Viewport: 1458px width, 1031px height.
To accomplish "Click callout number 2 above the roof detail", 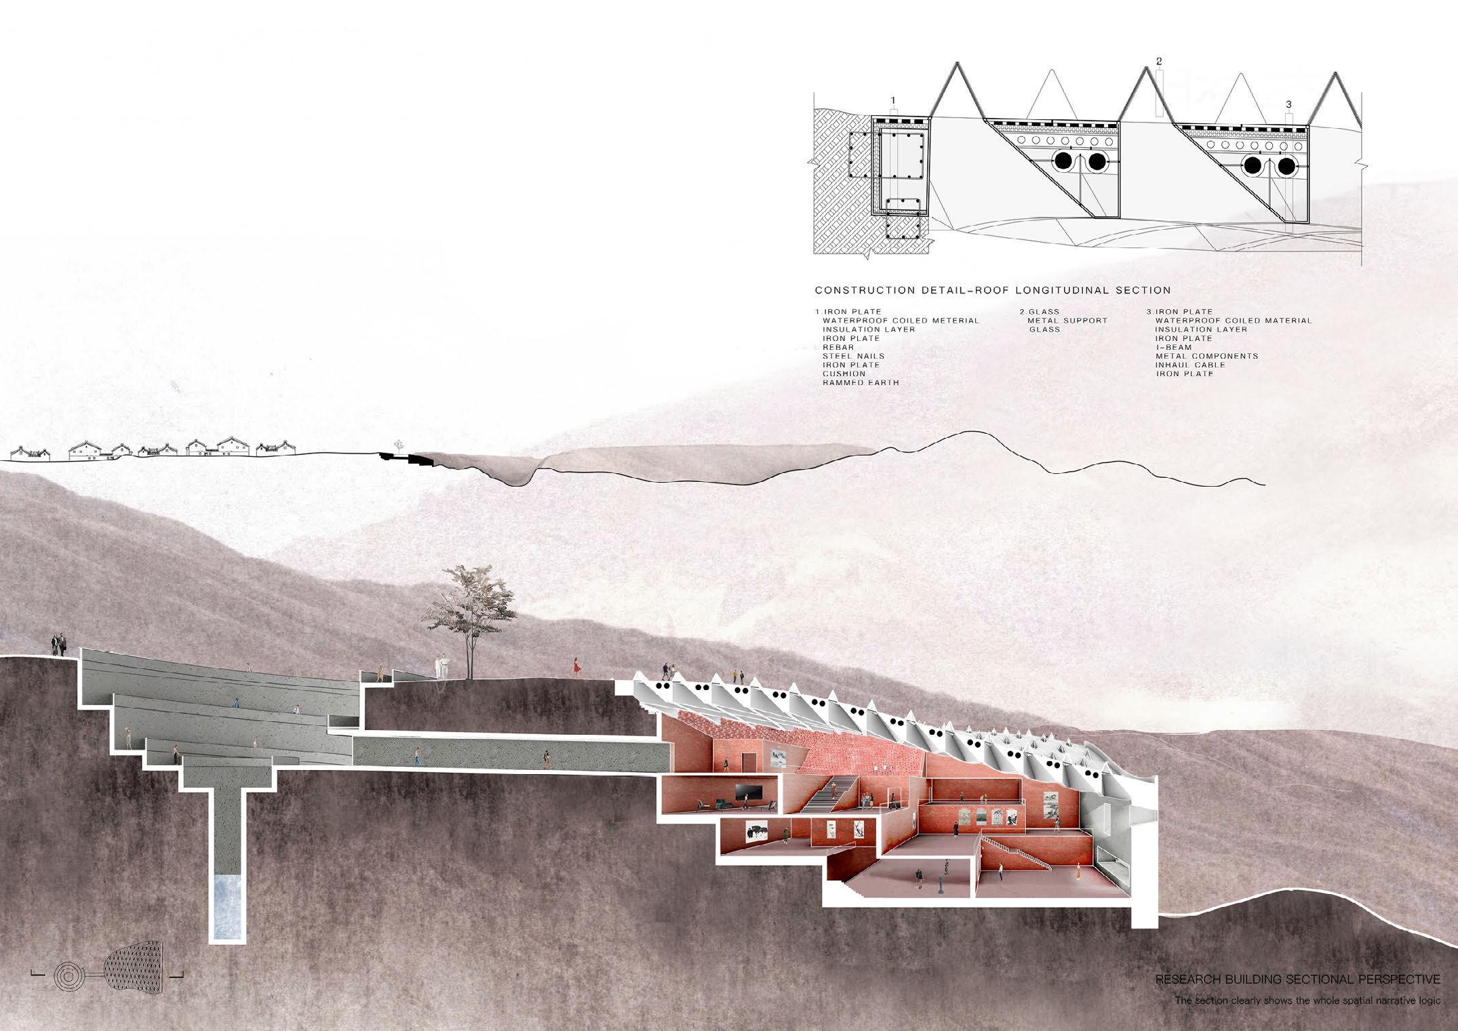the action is pos(1159,61).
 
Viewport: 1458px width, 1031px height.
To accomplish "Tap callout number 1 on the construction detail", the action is pos(893,100).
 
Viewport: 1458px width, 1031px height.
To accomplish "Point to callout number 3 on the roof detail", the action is pos(1288,104).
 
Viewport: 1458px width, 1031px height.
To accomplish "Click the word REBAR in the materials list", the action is pos(838,347).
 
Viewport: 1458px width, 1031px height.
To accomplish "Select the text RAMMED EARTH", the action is pos(851,383).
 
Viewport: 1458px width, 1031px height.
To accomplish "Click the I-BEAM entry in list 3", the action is pos(1174,347).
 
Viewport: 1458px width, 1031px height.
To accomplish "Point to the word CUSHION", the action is pos(844,374).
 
